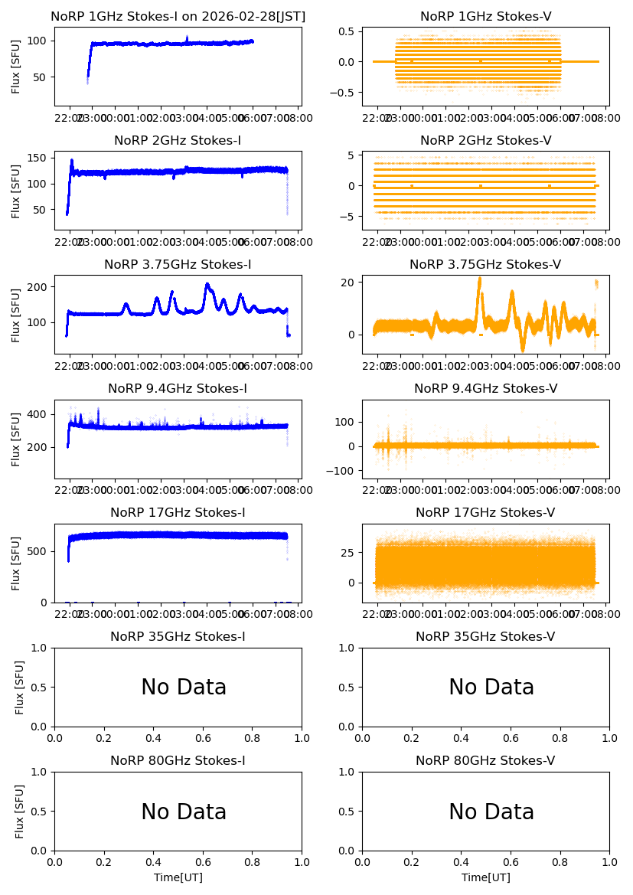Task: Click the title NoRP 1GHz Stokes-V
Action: (485, 17)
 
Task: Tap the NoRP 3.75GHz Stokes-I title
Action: (178, 265)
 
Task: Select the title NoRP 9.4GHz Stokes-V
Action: (485, 389)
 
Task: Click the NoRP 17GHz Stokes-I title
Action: (178, 513)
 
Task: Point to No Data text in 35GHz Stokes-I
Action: (184, 688)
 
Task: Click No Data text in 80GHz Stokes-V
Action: (491, 812)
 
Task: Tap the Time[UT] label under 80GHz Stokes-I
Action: (178, 877)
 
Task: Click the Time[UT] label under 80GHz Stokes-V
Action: (486, 877)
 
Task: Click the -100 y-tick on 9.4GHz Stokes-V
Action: (345, 471)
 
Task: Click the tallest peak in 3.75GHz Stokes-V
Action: (479, 279)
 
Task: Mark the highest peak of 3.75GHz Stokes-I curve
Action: (207, 284)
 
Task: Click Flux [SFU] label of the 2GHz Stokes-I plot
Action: (16, 190)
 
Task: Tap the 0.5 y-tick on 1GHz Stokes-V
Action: (350, 31)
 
